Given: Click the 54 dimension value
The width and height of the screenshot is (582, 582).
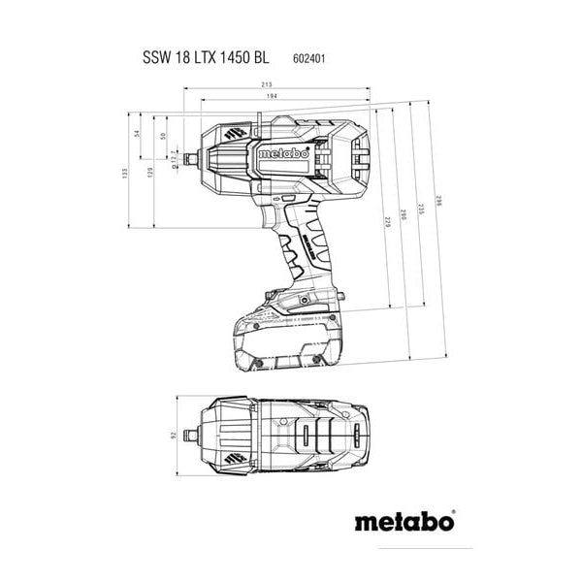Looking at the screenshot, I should point(137,134).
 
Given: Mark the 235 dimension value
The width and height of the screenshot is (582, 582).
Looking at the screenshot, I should point(421,210).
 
